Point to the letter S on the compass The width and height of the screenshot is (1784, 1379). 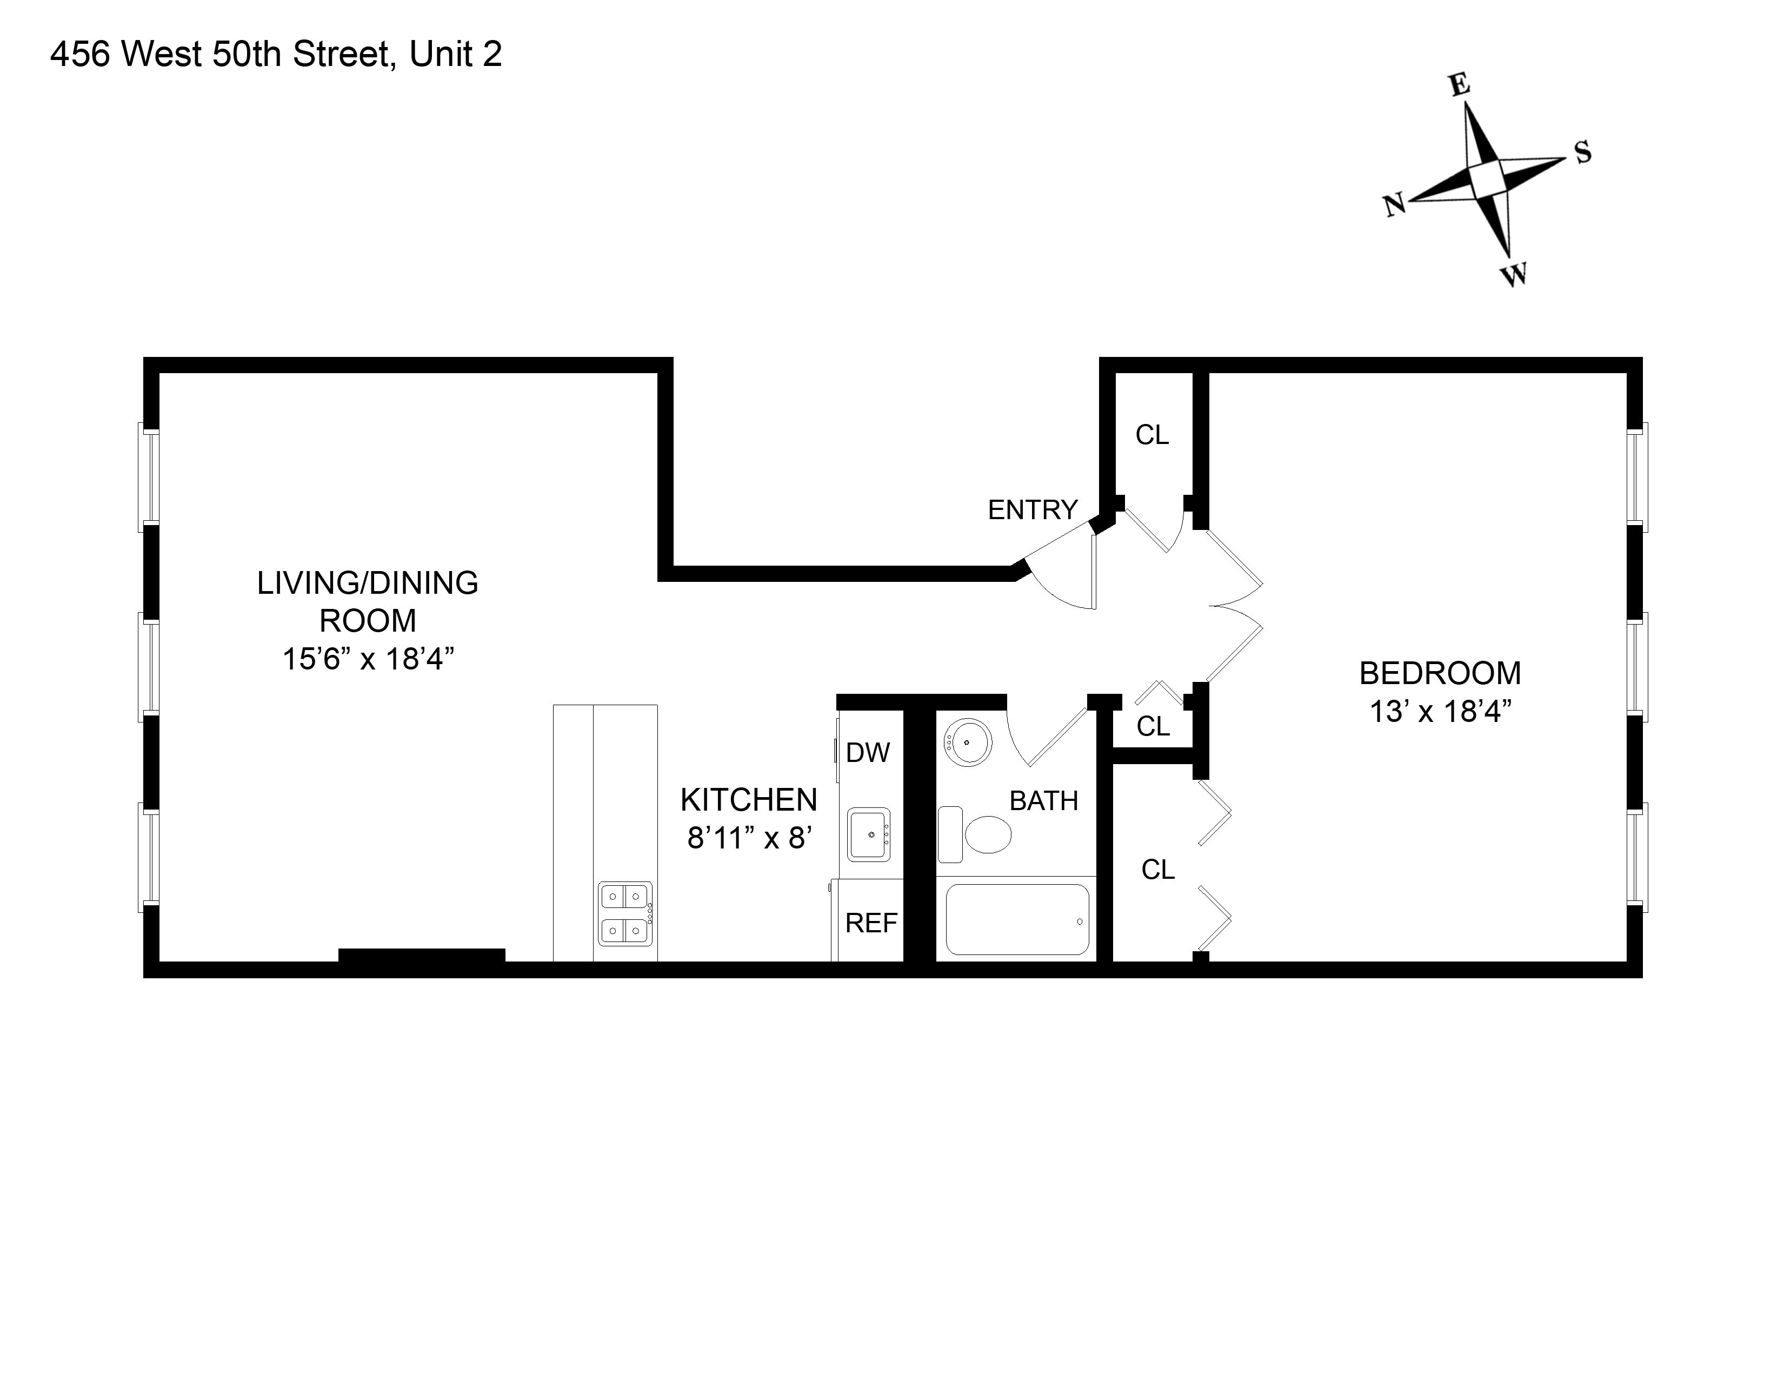pos(1583,152)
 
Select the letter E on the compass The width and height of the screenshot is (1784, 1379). pos(1460,85)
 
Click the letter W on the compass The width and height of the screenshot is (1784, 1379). pos(1515,275)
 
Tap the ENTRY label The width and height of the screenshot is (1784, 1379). pos(1033,510)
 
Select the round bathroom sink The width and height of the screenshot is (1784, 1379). pos(968,742)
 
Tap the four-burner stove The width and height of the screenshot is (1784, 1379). pos(625,913)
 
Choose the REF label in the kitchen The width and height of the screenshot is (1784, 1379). pos(871,923)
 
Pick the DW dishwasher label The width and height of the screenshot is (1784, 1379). pos(868,752)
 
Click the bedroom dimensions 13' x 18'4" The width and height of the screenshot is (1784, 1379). pos(1440,712)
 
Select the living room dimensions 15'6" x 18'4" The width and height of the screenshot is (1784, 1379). pos(368,659)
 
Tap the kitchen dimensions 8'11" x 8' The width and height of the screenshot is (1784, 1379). pos(749,838)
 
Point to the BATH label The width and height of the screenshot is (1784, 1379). pos(1044,800)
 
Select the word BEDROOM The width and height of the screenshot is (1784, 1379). pos(1440,673)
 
